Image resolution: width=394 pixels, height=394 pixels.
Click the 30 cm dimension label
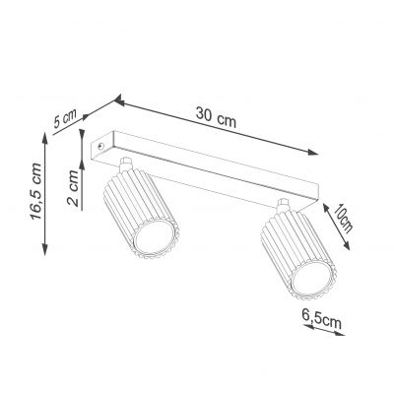(216, 117)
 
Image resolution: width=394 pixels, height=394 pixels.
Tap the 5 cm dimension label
(65, 118)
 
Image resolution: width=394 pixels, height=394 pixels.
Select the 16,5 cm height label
(35, 192)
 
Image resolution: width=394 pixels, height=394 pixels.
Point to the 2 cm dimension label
(73, 188)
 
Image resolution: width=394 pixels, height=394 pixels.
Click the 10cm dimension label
(343, 218)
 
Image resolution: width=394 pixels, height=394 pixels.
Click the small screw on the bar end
(100, 146)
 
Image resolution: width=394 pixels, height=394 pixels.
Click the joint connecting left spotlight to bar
(126, 164)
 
